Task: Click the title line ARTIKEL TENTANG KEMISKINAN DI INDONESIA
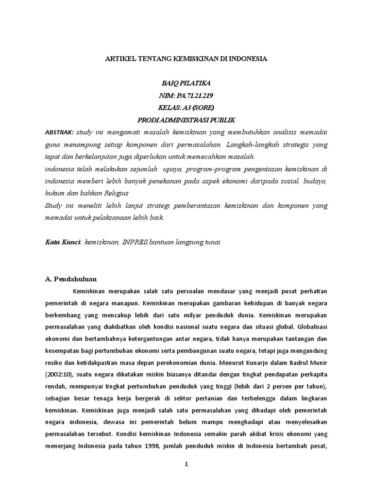click(186, 59)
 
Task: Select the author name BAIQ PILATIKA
click(186, 83)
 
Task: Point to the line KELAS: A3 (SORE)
click(186, 107)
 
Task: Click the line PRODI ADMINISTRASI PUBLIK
click(186, 119)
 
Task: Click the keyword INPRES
click(136, 241)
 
